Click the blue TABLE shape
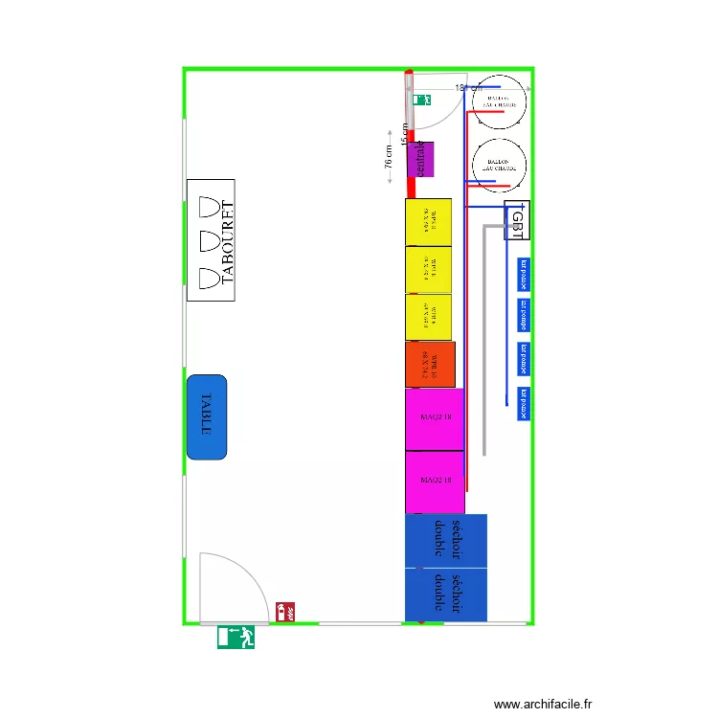[207, 416]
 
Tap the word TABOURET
[227, 243]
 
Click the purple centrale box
[420, 159]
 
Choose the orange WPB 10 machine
[429, 365]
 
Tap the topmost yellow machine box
[428, 222]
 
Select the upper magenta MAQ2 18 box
[435, 417]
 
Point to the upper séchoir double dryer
[446, 541]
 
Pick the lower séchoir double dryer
[446, 595]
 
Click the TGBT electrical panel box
[517, 221]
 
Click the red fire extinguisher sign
[285, 611]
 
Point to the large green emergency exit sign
[236, 637]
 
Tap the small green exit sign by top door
[421, 99]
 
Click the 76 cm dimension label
[389, 157]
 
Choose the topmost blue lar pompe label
[523, 275]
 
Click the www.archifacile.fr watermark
[543, 704]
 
